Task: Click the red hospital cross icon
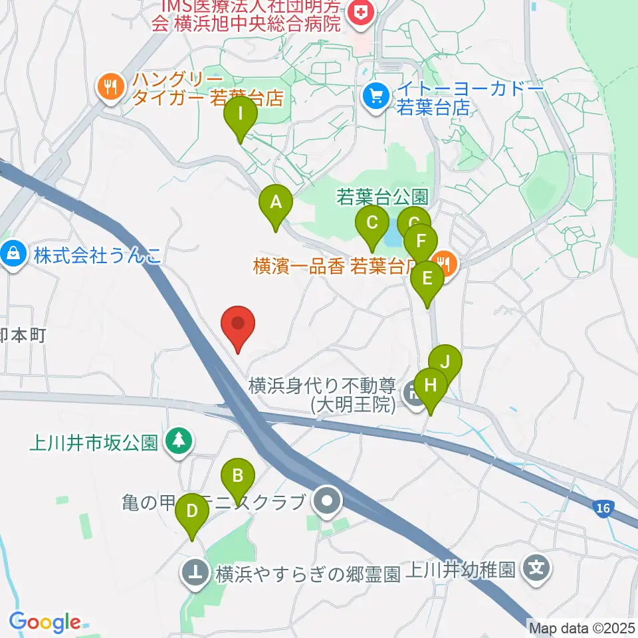tap(362, 11)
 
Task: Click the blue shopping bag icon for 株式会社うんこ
tap(13, 255)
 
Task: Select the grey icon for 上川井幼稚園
tap(536, 569)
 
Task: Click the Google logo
tap(45, 622)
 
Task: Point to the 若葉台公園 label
tap(381, 197)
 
